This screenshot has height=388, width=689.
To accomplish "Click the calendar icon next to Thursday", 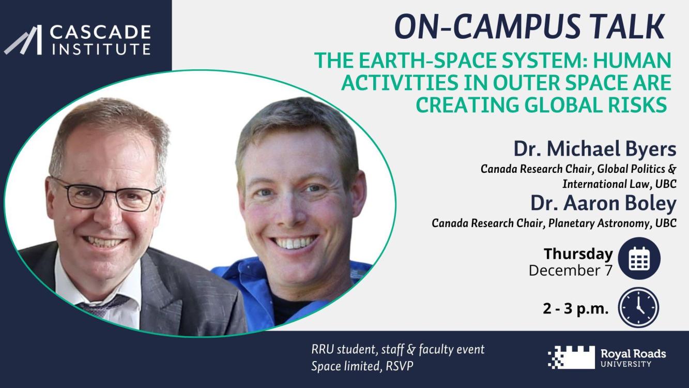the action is pyautogui.click(x=639, y=259).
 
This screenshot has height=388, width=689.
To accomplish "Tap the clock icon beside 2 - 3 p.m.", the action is pyautogui.click(x=638, y=307).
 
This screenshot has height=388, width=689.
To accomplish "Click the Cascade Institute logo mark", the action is pyautogui.click(x=23, y=40).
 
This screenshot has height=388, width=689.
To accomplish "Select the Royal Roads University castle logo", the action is pyautogui.click(x=571, y=357).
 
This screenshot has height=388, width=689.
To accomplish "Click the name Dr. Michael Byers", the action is pyautogui.click(x=595, y=149).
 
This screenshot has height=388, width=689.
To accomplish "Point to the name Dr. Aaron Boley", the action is pyautogui.click(x=603, y=203).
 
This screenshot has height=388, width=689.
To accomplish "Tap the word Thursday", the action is pyautogui.click(x=578, y=254).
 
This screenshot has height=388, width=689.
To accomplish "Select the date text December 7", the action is pyautogui.click(x=571, y=271).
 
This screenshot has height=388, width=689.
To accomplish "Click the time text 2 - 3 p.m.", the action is pyautogui.click(x=575, y=308).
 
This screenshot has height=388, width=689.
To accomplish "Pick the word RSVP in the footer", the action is pyautogui.click(x=399, y=366).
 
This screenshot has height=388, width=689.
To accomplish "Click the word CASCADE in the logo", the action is pyautogui.click(x=100, y=32).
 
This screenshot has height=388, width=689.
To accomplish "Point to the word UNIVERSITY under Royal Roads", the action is pyautogui.click(x=626, y=364).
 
